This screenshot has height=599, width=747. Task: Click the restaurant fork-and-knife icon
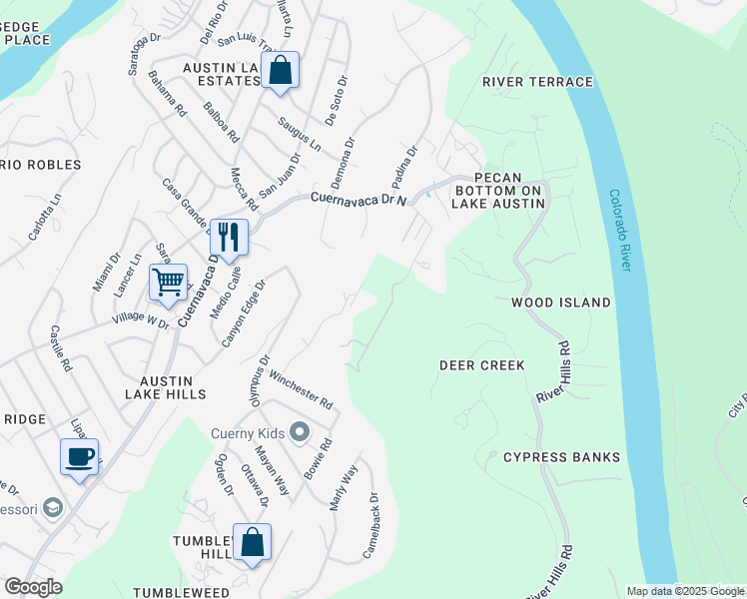(229, 237)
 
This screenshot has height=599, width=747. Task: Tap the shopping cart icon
(168, 282)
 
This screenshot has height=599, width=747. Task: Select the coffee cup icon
(79, 457)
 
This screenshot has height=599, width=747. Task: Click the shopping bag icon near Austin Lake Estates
(281, 71)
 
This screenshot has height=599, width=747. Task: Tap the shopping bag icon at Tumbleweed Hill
(252, 543)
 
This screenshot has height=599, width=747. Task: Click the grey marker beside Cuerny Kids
(300, 432)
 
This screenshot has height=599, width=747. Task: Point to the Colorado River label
(619, 231)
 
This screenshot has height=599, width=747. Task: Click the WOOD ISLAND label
(560, 301)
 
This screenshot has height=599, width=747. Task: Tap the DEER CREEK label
(482, 365)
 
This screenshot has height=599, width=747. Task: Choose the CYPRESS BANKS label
(561, 457)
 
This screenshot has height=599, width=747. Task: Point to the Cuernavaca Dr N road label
(359, 199)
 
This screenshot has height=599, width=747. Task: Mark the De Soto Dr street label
(336, 100)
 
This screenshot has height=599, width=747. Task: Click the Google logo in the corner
(32, 586)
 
